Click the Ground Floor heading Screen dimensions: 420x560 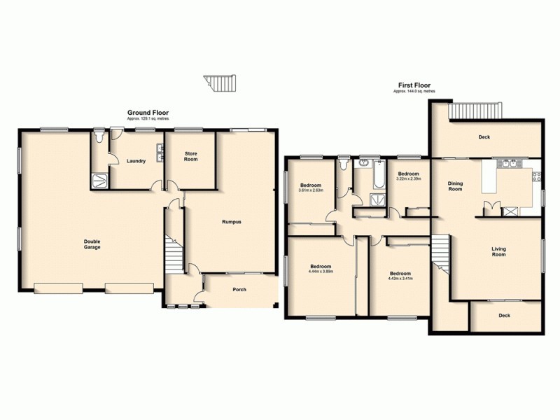pyautogui.click(x=148, y=113)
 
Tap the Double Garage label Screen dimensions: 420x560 pyautogui.click(x=93, y=244)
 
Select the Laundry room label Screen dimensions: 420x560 pyautogui.click(x=136, y=161)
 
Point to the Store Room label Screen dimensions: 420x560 pyautogui.click(x=191, y=157)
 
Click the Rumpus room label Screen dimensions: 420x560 pyautogui.click(x=232, y=222)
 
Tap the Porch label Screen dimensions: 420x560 pyautogui.click(x=240, y=289)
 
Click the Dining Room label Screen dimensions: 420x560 pyautogui.click(x=456, y=186)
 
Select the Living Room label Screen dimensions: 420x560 pyautogui.click(x=498, y=251)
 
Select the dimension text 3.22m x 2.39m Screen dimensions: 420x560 pyautogui.click(x=408, y=178)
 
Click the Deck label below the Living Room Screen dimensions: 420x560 pyautogui.click(x=504, y=316)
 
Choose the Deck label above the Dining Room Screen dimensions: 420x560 pyautogui.click(x=484, y=137)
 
